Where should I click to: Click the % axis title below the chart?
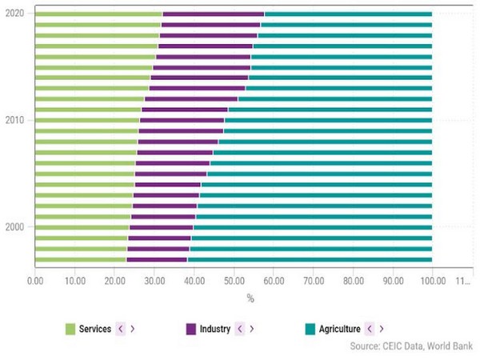tap(250, 298)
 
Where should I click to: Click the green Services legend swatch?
tap(70, 329)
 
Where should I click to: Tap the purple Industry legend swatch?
tap(190, 329)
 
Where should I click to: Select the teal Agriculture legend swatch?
tap(311, 329)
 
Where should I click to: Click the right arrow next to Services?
tap(132, 329)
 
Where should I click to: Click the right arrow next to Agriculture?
tap(381, 329)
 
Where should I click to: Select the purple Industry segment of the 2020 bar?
tap(214, 14)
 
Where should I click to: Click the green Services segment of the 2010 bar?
tap(87, 120)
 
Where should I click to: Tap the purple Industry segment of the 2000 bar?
tap(161, 226)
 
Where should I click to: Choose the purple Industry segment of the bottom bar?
tap(157, 258)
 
